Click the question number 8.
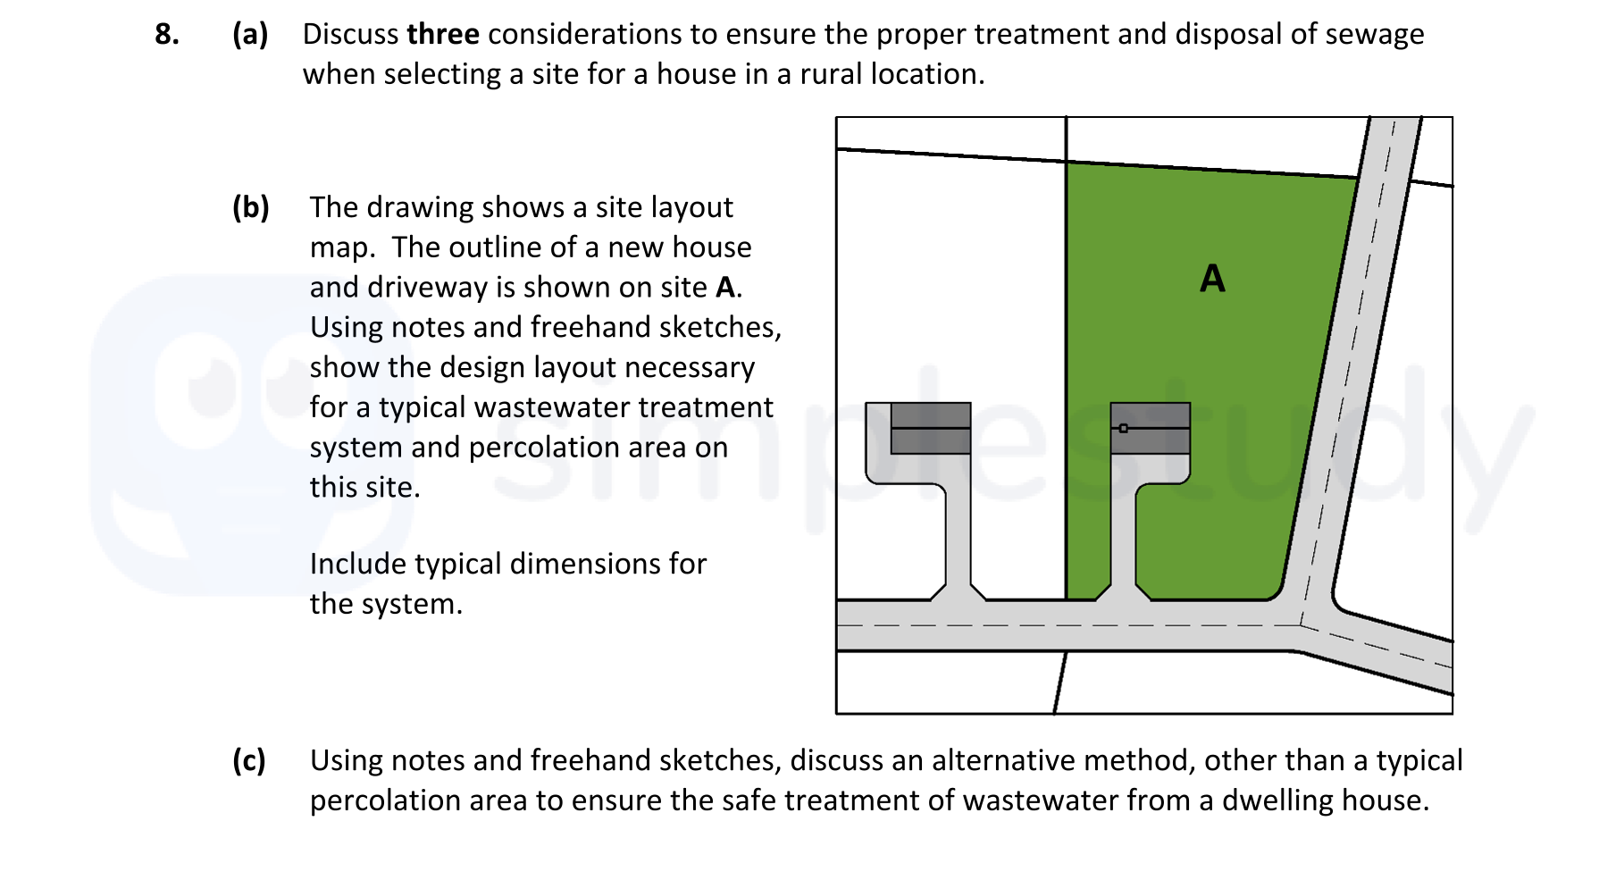click(x=166, y=34)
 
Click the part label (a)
click(x=250, y=34)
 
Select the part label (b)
click(x=250, y=207)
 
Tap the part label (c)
click(x=249, y=760)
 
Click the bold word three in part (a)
click(x=442, y=34)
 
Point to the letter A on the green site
click(x=1212, y=279)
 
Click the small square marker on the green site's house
click(x=1124, y=428)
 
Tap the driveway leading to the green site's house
click(x=1124, y=536)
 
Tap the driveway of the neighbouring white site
click(x=958, y=536)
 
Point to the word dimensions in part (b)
click(x=584, y=564)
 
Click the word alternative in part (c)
click(x=1003, y=760)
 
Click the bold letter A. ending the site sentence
click(x=727, y=288)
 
